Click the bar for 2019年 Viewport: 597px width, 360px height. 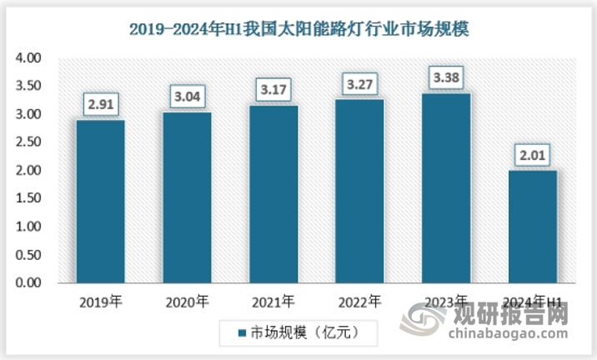coord(100,202)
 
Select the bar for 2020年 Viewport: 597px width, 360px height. coord(187,198)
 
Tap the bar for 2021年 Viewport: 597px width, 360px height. coord(273,194)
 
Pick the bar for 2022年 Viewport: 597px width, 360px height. coord(360,192)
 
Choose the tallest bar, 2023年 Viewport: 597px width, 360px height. coord(447,188)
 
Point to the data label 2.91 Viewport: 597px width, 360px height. coord(100,106)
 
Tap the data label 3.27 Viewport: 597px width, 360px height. coord(360,83)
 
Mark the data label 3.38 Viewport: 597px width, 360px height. coord(447,79)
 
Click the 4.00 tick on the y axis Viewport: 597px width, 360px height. coord(28,58)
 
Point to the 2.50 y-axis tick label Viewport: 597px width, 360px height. coord(28,142)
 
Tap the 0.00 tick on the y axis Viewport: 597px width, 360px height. coord(28,283)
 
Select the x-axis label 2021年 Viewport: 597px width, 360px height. coord(273,301)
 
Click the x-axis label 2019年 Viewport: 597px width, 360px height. coord(100,301)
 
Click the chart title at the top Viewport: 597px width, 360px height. coord(299,29)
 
